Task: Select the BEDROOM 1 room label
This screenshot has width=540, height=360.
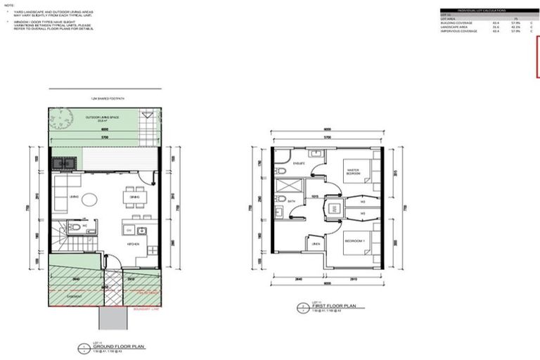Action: (352, 241)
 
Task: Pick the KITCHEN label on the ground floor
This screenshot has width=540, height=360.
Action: (133, 244)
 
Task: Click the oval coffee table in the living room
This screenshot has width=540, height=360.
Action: (90, 200)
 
